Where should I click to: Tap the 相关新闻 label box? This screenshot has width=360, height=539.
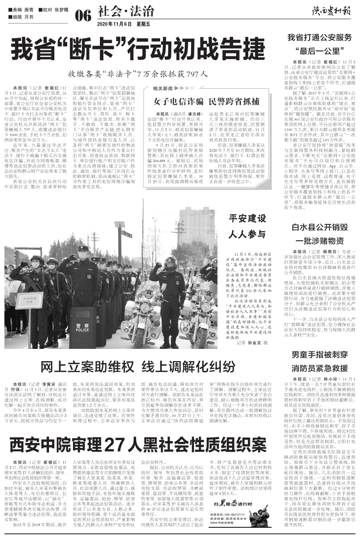(x=163, y=89)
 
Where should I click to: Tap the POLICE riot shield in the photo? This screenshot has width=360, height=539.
(x=82, y=328)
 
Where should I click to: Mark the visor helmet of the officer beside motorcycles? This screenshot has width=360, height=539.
(x=170, y=263)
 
